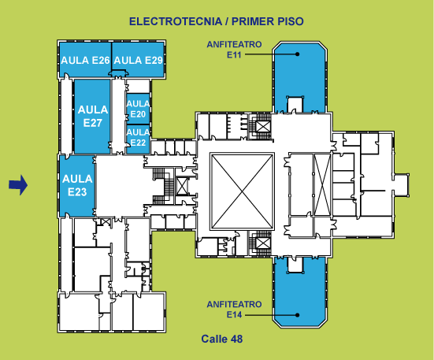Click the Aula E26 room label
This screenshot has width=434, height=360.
pos(85,61)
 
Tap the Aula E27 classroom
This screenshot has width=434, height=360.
pos(92,117)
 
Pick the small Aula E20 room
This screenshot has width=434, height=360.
pos(138,109)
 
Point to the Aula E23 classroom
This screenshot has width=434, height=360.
pos(77,185)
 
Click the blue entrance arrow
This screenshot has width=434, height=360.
pos(18,185)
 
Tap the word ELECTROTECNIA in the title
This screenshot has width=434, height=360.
pos(176,21)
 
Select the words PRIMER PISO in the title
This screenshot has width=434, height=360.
pos(267,21)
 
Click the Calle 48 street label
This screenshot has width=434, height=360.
pos(222,339)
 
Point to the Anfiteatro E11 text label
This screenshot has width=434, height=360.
pos(234,50)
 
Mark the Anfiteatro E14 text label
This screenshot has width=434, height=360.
pos(234,310)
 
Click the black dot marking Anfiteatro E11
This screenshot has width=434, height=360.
pos(297,54)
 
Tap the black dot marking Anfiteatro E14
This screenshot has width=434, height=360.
pos(297,315)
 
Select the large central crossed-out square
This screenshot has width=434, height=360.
pos(242,191)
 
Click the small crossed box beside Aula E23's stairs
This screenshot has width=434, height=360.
pos(182,186)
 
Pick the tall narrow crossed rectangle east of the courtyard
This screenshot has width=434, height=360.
pos(322,184)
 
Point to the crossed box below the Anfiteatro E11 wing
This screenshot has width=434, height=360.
pos(262,127)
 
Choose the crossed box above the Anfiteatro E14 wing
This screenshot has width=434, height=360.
pos(262,243)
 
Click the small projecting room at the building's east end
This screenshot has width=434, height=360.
pos(402,185)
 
